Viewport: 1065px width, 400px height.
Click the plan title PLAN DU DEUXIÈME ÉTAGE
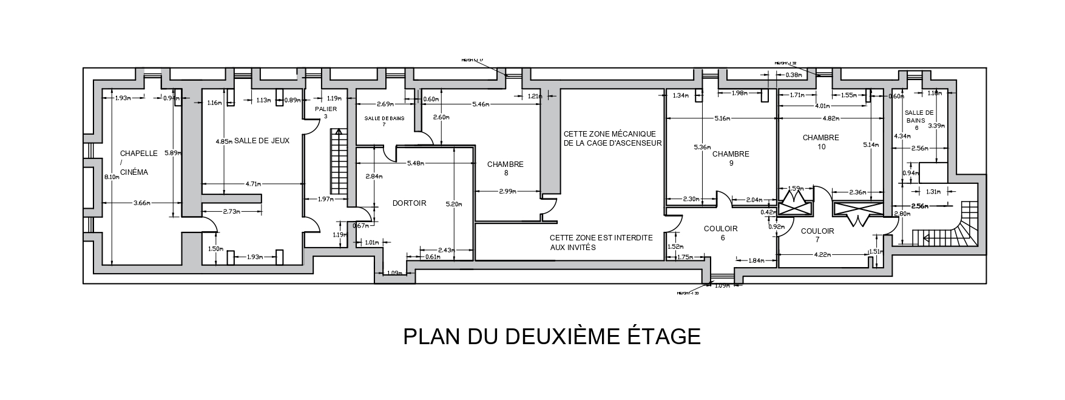point(552,336)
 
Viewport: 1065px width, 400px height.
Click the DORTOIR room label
point(409,203)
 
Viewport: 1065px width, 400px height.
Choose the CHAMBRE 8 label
point(505,168)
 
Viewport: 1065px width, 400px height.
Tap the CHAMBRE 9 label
point(731,158)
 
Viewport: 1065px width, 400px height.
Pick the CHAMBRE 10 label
point(820,142)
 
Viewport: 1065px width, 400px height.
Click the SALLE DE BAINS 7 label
point(384,121)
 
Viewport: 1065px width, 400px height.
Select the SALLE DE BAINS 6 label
point(918,120)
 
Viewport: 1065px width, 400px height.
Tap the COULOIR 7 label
point(817,236)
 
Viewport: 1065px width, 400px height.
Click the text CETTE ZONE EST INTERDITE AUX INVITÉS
point(601,243)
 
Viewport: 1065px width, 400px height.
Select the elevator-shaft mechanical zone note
point(612,138)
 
